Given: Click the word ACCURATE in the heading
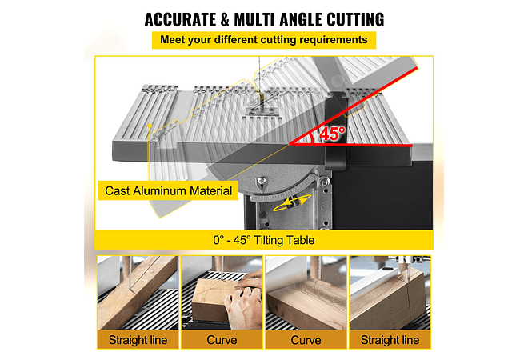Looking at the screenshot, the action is pos(181,19).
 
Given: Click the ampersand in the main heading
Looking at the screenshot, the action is pos(225,19).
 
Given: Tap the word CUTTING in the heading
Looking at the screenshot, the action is pos(355,19).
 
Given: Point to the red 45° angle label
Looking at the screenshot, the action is pos(332,134).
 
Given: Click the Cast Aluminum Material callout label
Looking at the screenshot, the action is pos(168,191).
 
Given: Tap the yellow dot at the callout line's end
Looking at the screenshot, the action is pos(150,126).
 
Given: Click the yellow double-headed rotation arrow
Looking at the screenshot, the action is pos(292,202).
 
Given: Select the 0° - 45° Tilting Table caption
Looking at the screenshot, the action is pos(264,240).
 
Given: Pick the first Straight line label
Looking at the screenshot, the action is pos(138,340).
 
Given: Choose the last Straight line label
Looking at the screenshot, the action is pos(390,340).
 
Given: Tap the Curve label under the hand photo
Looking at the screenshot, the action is pos(222,340).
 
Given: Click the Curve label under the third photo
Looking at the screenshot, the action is pos(306,340).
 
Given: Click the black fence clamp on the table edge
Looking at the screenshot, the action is pos(335,131).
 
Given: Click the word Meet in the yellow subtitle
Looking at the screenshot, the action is pos(173,40).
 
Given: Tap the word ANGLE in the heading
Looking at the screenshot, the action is pos(302,19).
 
